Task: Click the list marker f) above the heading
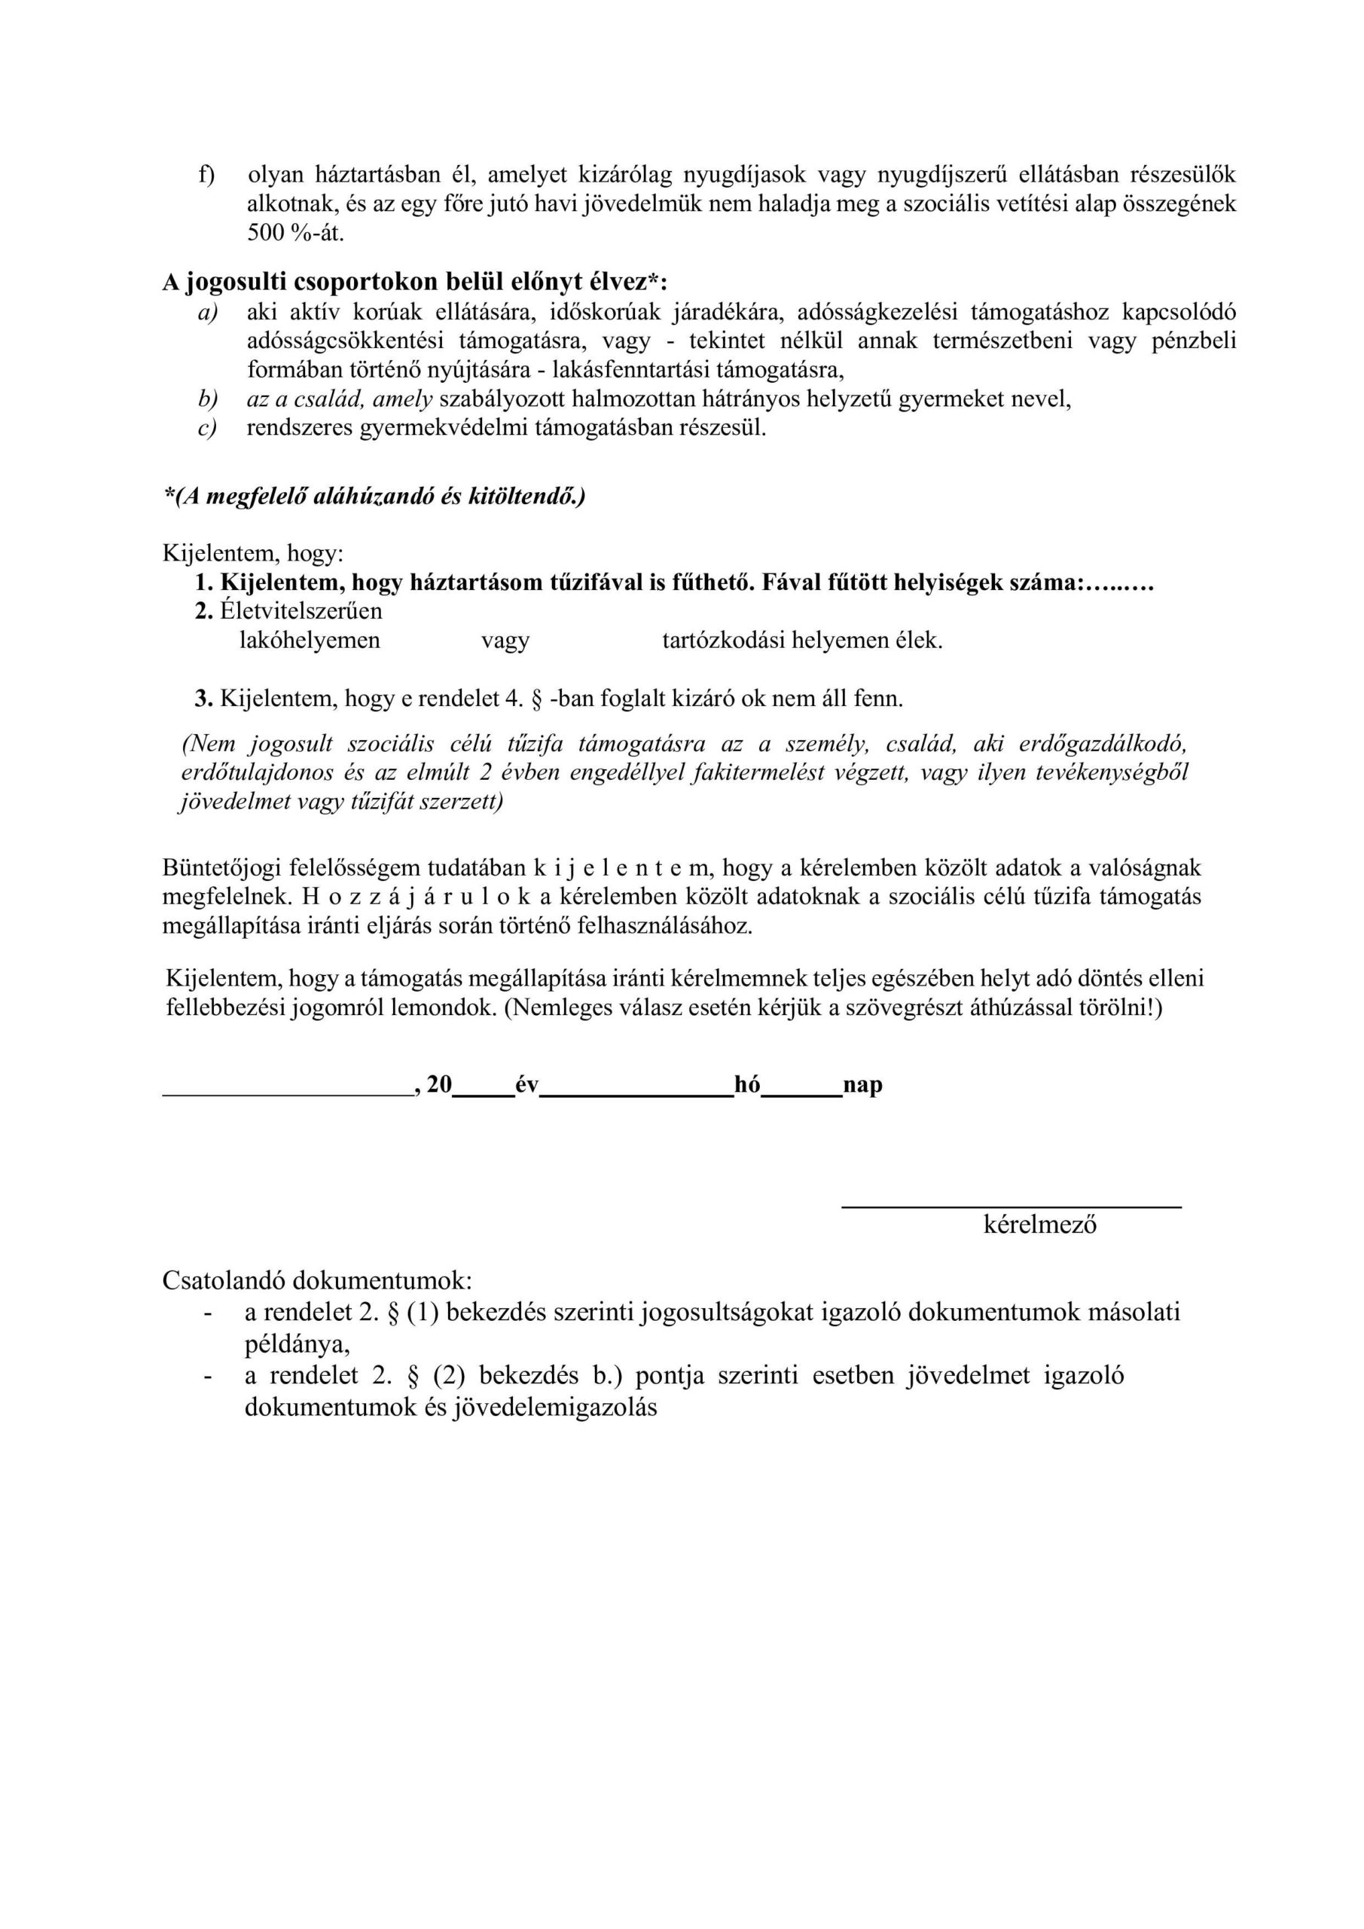pyautogui.click(x=206, y=175)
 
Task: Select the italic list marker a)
pyautogui.click(x=206, y=313)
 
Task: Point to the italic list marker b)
pyautogui.click(x=206, y=399)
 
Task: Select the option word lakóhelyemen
pyautogui.click(x=310, y=641)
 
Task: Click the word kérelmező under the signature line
pyautogui.click(x=1040, y=1225)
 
